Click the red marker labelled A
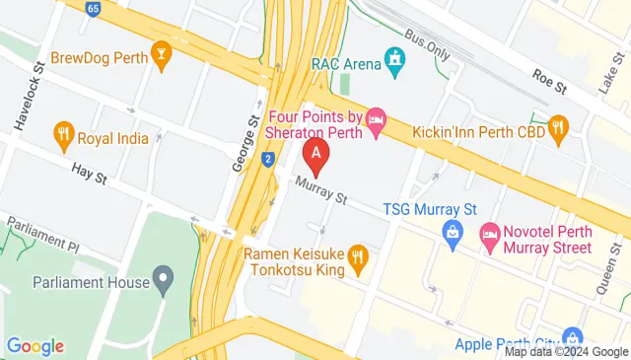click(315, 154)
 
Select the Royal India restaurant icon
click(65, 137)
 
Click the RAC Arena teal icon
click(395, 64)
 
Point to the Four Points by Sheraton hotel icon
click(376, 122)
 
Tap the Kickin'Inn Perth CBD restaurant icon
click(559, 125)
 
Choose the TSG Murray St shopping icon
click(453, 233)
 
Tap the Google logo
click(35, 346)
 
